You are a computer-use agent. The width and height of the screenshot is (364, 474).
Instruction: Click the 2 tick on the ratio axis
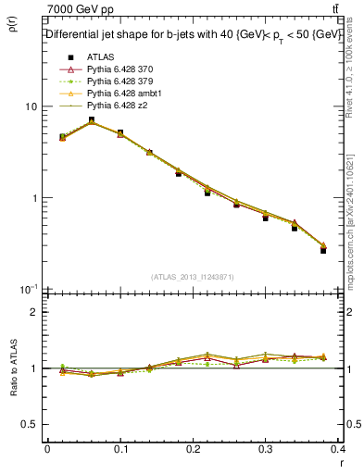33,312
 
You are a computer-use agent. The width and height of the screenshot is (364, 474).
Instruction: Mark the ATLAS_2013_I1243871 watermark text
194,277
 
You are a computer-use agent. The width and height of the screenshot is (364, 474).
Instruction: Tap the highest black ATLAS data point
91,120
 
